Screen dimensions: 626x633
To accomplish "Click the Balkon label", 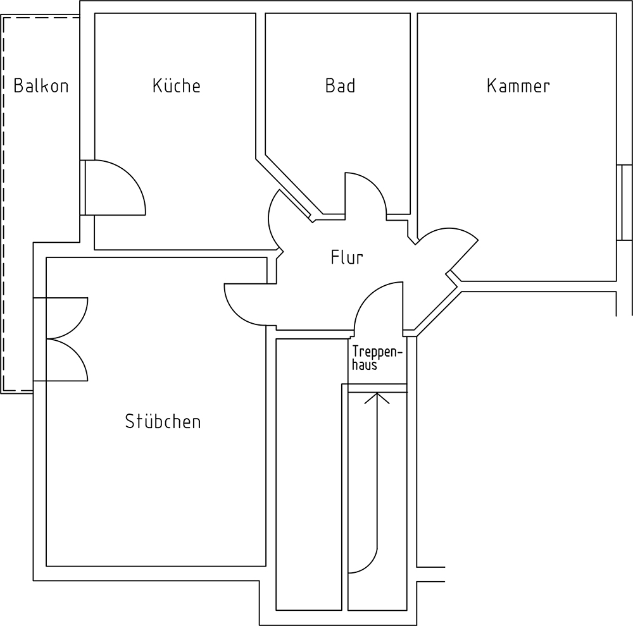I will point(41,86).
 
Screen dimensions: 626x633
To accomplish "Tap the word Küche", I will point(176,86).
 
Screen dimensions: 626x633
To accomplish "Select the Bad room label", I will point(340,86).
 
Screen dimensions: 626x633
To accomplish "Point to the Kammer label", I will point(518,86).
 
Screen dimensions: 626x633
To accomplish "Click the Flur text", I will point(346,257).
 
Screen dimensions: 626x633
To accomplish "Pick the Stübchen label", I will point(163,422).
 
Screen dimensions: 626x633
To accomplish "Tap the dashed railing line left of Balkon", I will point(4,202).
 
